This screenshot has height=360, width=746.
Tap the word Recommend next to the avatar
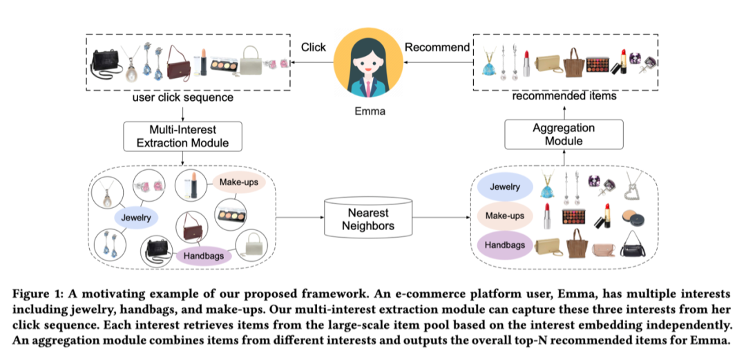click(437, 48)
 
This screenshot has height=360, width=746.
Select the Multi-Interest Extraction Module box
click(182, 136)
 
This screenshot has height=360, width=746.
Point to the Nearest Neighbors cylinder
click(368, 219)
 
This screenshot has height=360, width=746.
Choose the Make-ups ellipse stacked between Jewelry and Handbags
click(504, 216)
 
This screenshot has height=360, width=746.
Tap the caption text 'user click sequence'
click(182, 98)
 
